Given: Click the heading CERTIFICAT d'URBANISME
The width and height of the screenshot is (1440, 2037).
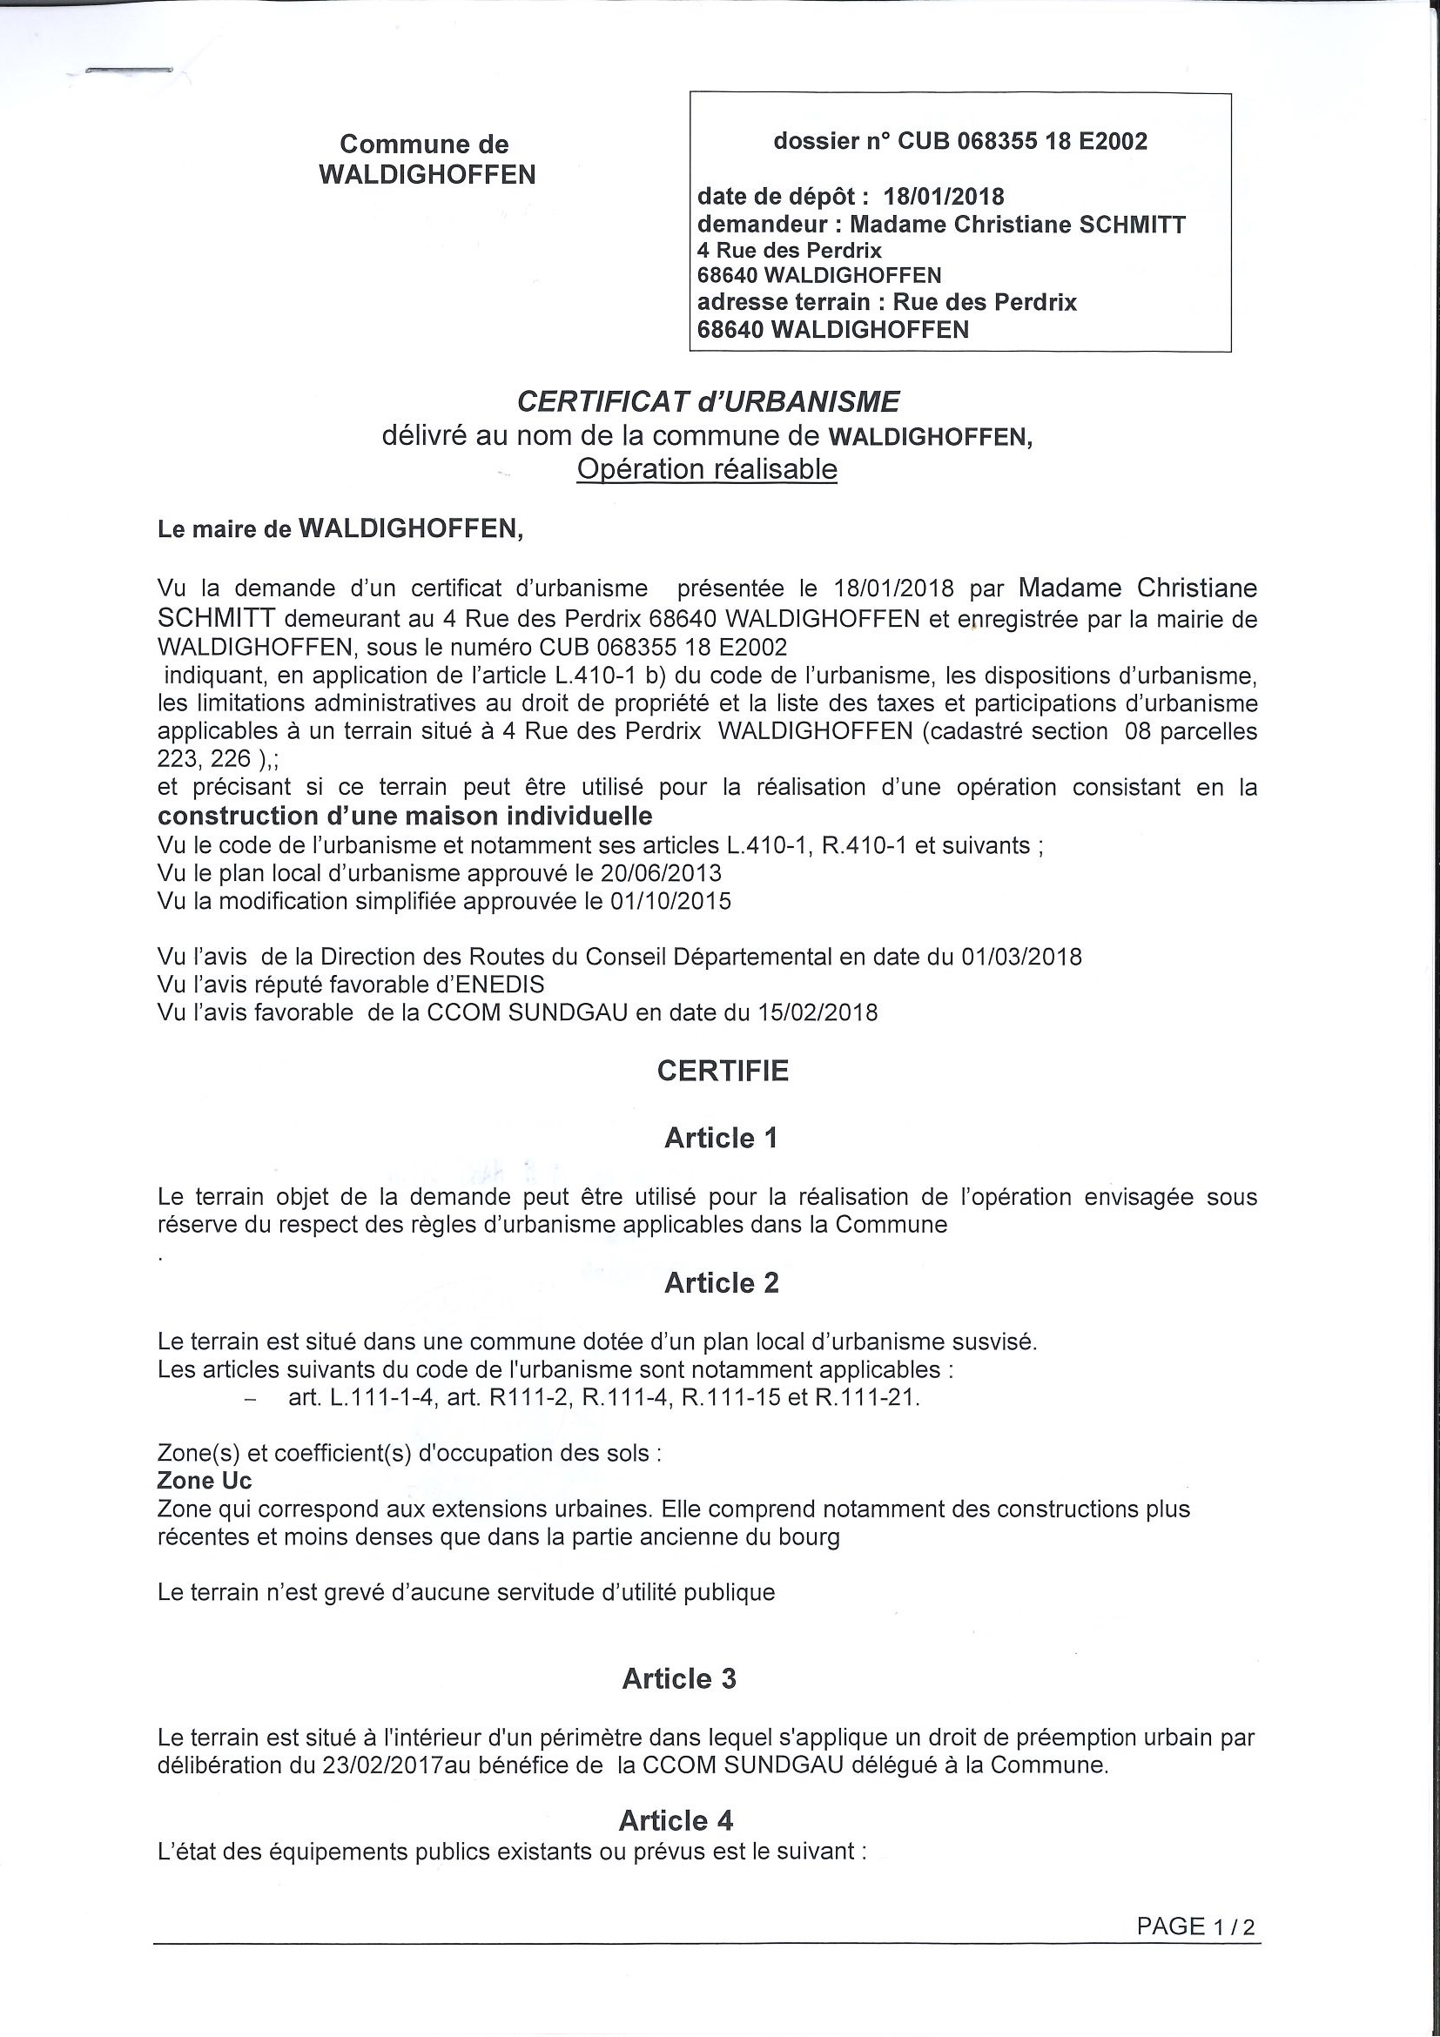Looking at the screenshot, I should tap(708, 403).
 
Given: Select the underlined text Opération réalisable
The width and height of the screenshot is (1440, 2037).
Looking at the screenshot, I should tap(706, 469).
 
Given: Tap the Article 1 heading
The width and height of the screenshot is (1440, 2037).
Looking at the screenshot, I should tap(721, 1139).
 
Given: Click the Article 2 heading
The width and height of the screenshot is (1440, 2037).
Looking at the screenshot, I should tap(721, 1283).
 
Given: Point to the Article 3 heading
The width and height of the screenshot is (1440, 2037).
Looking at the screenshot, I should tap(679, 1678).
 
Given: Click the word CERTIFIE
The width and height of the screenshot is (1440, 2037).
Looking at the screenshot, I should tap(723, 1071).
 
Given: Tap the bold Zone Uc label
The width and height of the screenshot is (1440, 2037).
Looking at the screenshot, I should tap(204, 1481).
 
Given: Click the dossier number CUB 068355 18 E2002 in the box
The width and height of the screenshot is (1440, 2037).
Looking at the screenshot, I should tap(1023, 142).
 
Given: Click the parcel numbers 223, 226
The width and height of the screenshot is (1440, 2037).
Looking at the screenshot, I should tap(202, 759).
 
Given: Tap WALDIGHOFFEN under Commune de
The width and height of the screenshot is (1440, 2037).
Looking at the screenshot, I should tap(427, 175).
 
